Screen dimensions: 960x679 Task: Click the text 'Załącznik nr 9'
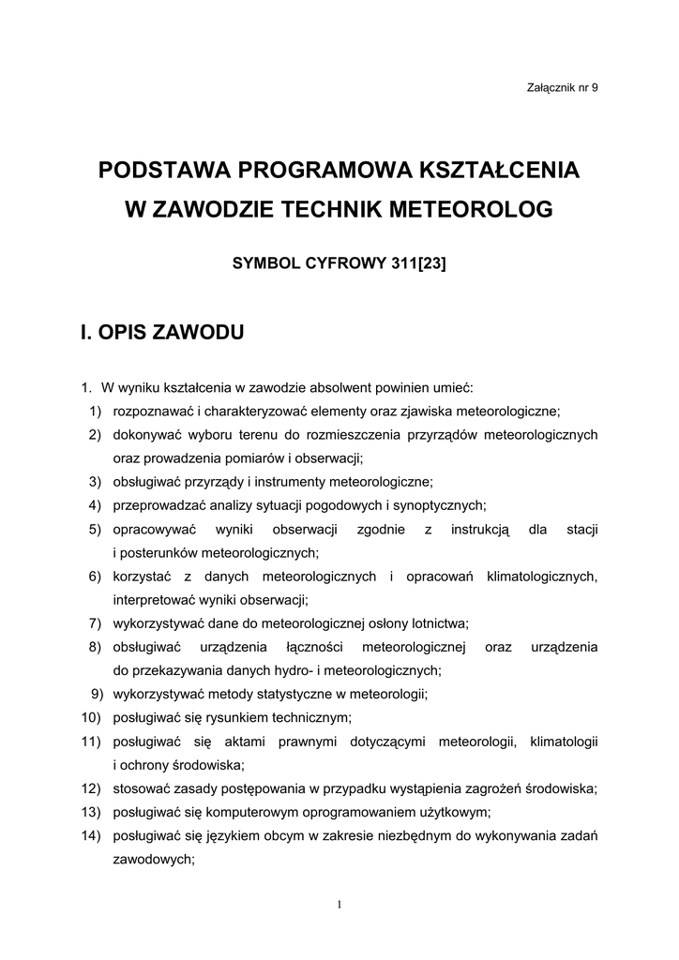(x=564, y=87)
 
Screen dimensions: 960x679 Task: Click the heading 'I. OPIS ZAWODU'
(x=162, y=332)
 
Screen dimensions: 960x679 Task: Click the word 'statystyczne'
(x=271, y=695)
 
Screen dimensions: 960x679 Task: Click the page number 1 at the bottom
(x=339, y=904)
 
